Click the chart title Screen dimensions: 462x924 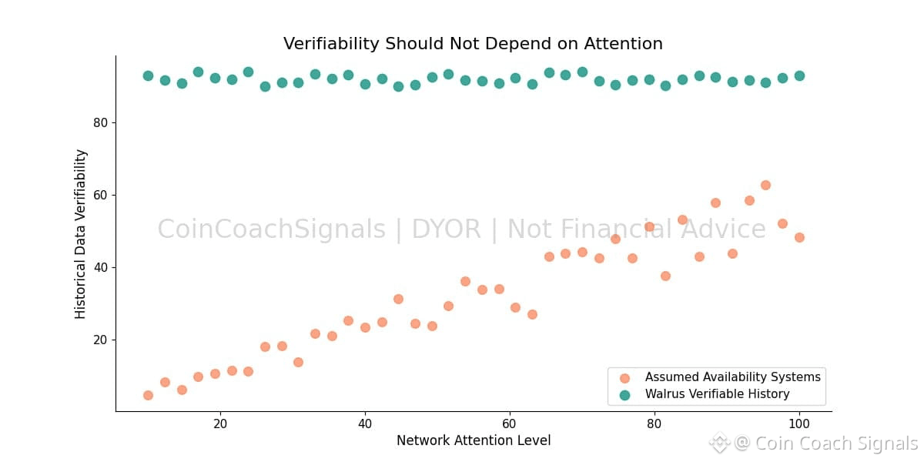(x=473, y=44)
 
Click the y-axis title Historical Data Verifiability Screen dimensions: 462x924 (x=81, y=234)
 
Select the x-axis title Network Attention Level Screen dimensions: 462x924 (x=474, y=440)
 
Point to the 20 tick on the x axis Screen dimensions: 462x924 (x=220, y=423)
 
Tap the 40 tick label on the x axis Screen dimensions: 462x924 (x=365, y=423)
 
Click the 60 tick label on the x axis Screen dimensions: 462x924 (x=510, y=423)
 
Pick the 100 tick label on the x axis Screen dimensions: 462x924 (x=799, y=423)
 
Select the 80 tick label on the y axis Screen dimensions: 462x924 (x=99, y=122)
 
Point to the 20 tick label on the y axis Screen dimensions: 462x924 (x=99, y=340)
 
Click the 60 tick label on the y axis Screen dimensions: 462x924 (x=99, y=195)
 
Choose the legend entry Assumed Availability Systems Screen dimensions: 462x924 (x=732, y=377)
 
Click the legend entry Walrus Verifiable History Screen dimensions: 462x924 (x=717, y=394)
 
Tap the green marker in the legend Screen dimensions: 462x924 (x=624, y=395)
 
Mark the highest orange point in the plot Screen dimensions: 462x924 (x=765, y=185)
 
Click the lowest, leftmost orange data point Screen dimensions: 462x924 (x=148, y=395)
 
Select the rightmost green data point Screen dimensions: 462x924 (x=799, y=75)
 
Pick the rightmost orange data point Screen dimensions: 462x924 (x=799, y=237)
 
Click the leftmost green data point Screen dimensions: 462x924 (x=148, y=75)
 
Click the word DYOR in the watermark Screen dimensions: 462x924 (x=446, y=229)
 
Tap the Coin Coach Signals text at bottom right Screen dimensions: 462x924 (x=836, y=443)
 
